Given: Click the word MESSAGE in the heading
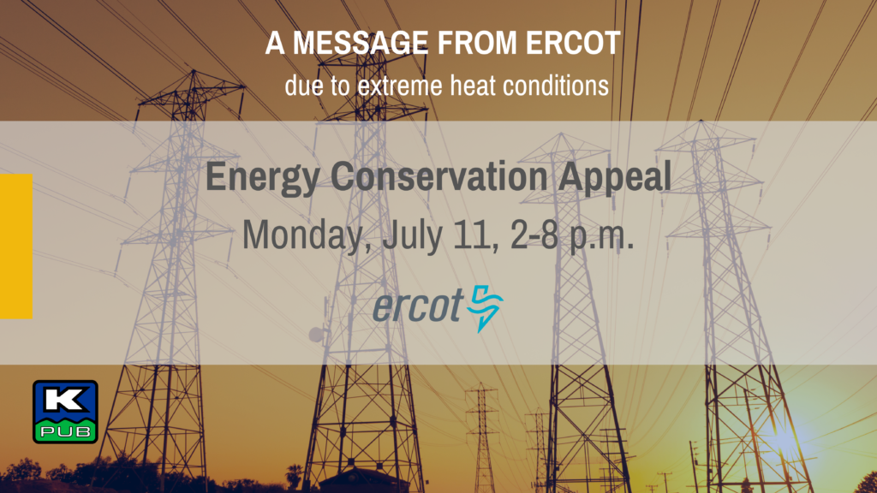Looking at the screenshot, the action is (361, 43).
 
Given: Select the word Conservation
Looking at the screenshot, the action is (439, 176).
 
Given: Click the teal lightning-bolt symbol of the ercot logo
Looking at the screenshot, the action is (485, 308).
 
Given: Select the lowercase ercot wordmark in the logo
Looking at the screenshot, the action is (418, 306).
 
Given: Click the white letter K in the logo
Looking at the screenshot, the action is (65, 400).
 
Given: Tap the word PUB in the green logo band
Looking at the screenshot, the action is (65, 431).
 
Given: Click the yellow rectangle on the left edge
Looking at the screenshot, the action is (16, 246).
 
